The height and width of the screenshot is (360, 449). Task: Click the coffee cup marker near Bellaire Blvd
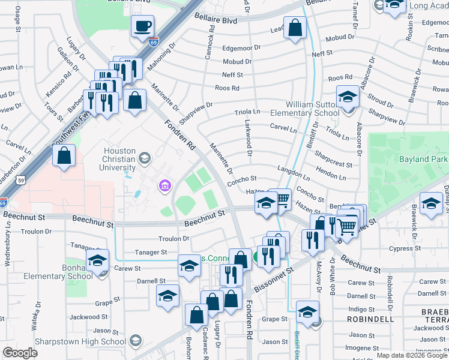(x=143, y=27)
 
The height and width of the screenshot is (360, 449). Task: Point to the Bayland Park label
(x=422, y=159)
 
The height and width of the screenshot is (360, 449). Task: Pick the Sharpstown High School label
(x=65, y=341)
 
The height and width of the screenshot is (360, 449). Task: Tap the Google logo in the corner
(x=20, y=353)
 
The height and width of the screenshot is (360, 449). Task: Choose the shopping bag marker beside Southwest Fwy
(x=64, y=157)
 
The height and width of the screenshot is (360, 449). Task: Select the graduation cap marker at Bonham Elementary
(x=97, y=261)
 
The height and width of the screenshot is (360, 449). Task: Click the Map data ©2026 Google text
(x=412, y=355)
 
